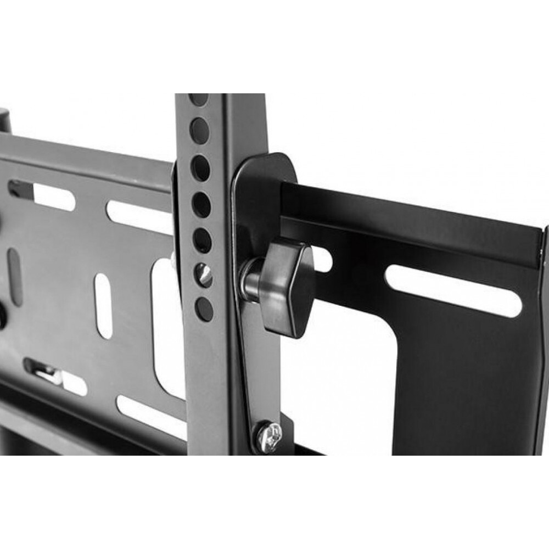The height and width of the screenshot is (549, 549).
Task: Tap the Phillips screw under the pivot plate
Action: pyautogui.click(x=268, y=436)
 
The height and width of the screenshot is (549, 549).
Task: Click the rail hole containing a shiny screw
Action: pyautogui.click(x=204, y=274)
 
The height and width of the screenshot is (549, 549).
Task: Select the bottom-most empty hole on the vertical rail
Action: pyautogui.click(x=204, y=310)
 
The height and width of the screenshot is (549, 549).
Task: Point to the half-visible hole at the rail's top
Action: pyautogui.click(x=199, y=99)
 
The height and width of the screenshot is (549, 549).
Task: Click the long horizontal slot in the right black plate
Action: pyautogui.click(x=453, y=290)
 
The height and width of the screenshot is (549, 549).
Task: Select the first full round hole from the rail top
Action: pyautogui.click(x=199, y=131)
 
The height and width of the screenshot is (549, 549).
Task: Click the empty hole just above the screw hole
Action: pyautogui.click(x=202, y=240)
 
